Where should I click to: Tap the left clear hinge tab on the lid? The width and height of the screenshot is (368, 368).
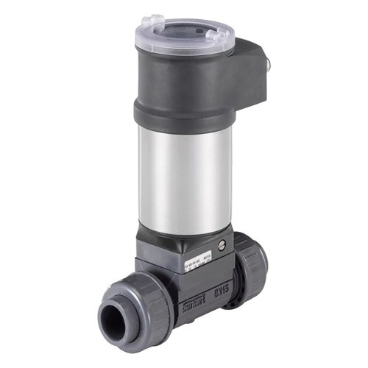(153, 22)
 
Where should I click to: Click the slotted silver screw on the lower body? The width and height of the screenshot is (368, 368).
(219, 244)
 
